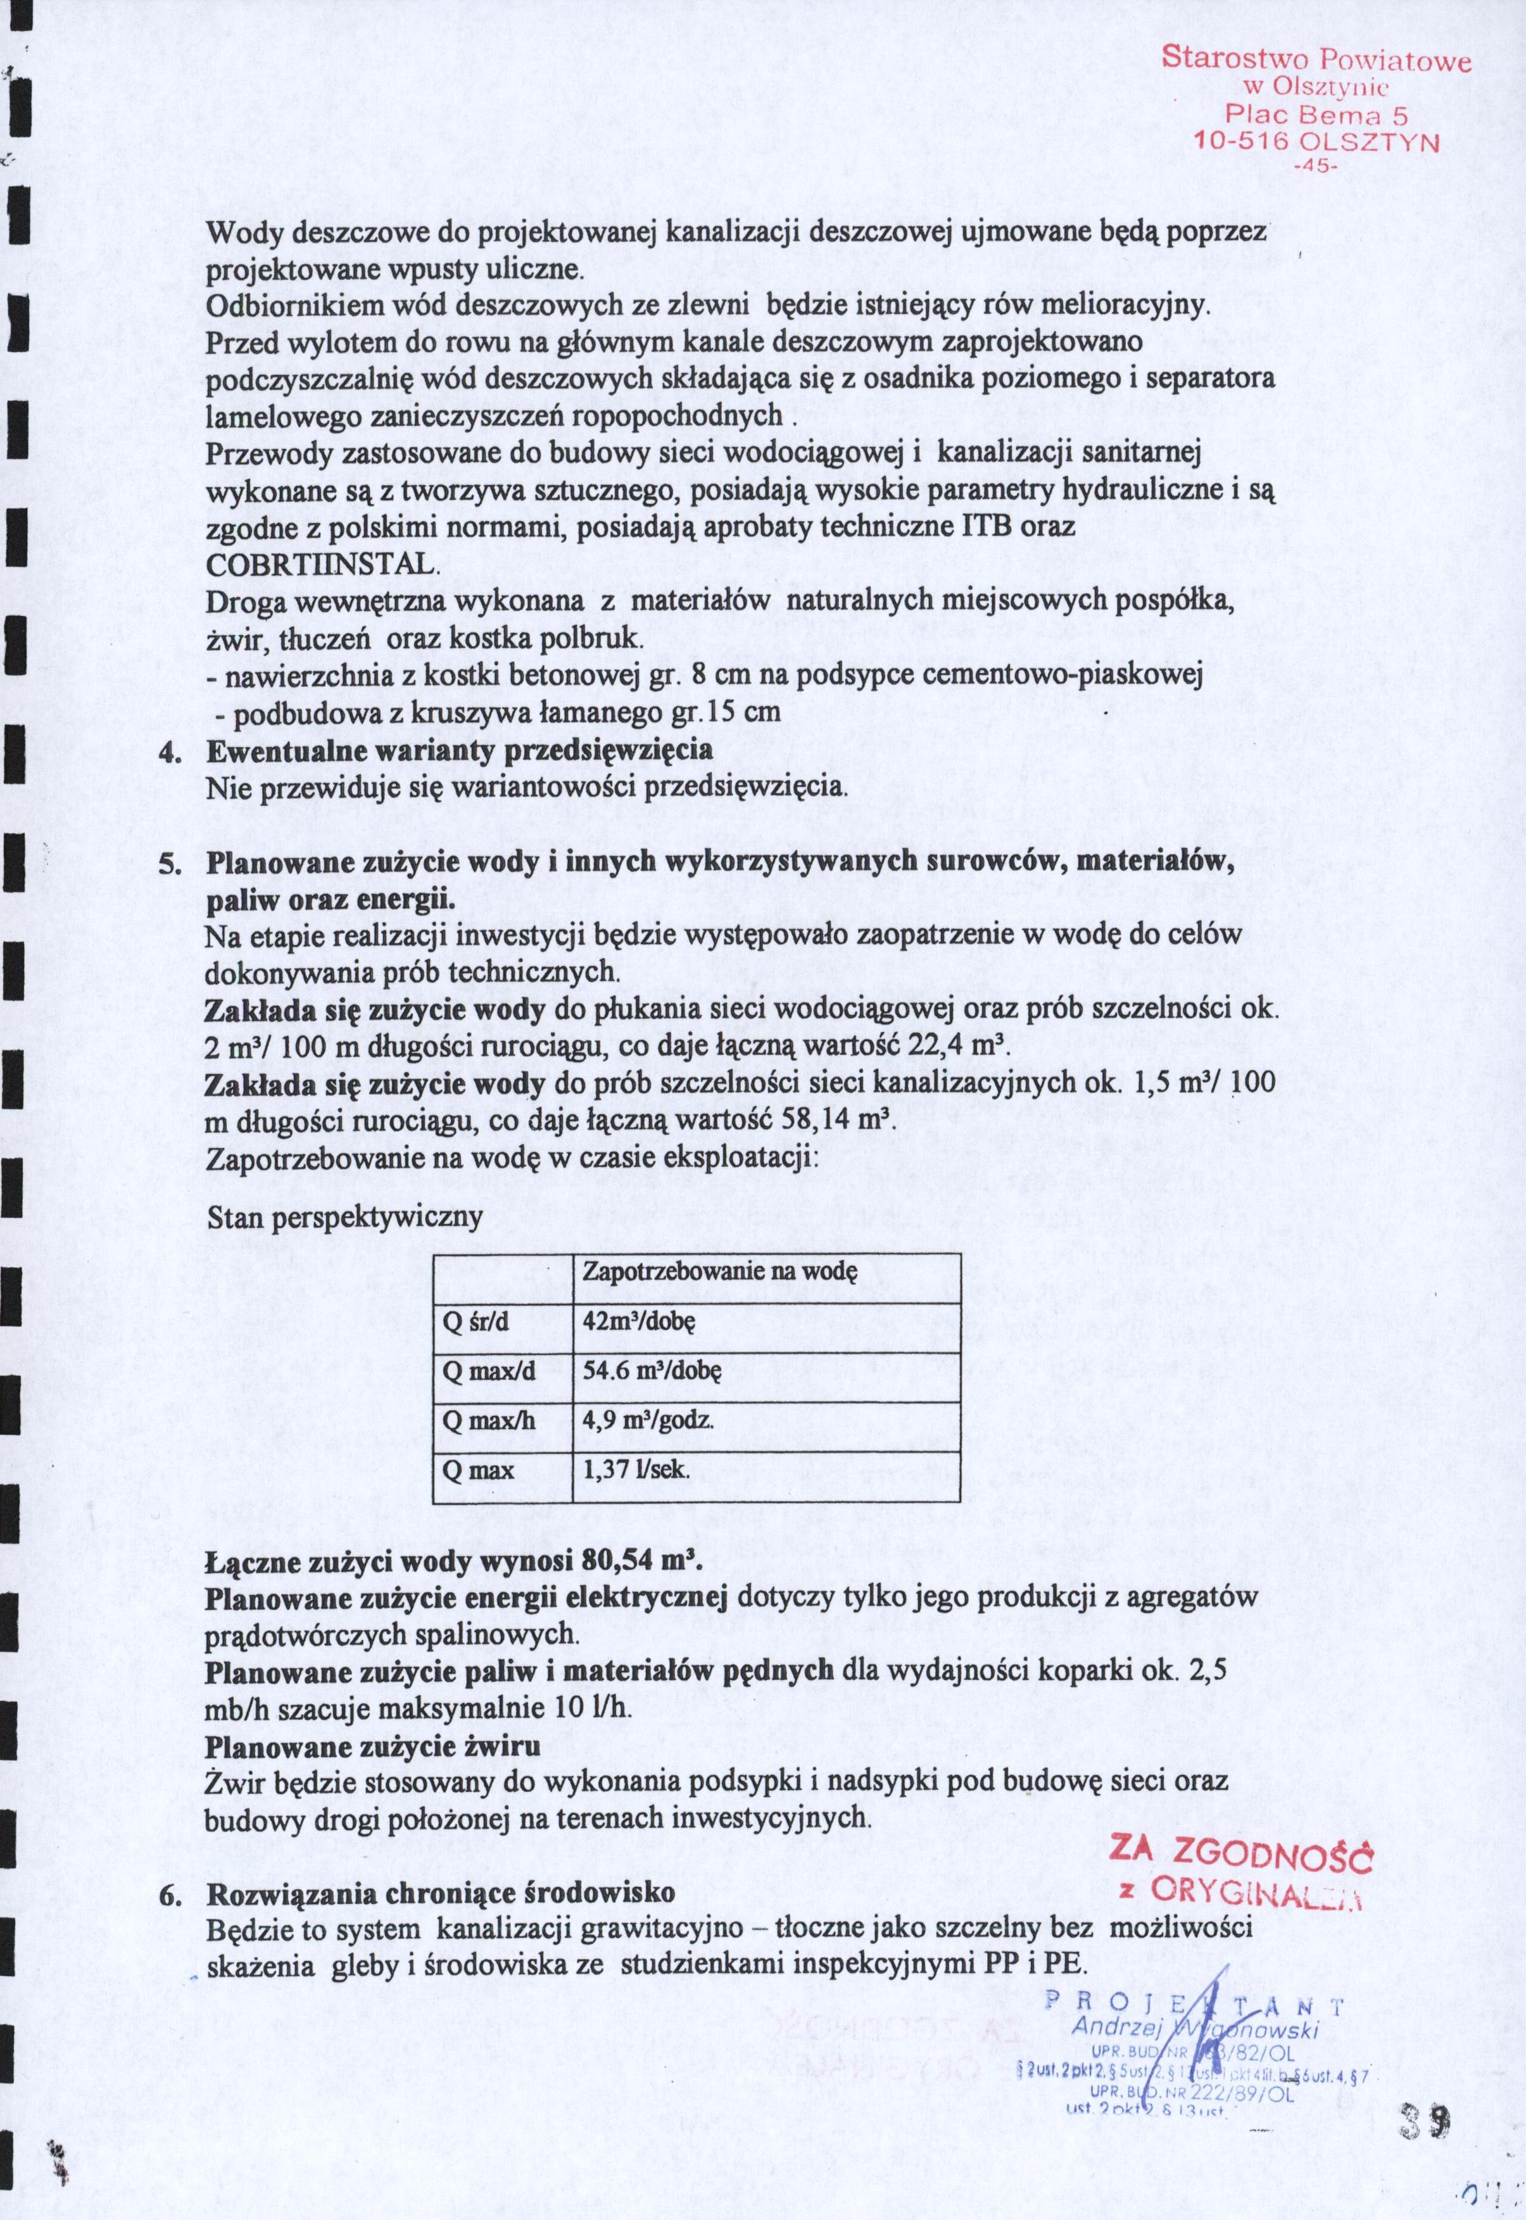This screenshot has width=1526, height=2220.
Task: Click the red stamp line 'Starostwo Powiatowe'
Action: coord(1316,60)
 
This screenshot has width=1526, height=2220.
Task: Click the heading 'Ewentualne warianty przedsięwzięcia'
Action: coord(459,750)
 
